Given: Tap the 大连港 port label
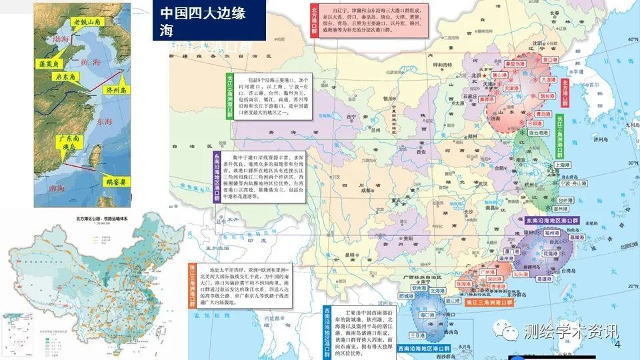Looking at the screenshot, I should (547, 79).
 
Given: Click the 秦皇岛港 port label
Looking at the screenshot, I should (514, 65).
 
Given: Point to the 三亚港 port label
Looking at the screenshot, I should (419, 335).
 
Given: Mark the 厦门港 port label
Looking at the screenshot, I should (512, 251).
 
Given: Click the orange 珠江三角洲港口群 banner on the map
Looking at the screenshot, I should (489, 303).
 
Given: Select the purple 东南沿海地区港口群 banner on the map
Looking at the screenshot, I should (552, 219).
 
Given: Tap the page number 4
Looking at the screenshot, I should (616, 345).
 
